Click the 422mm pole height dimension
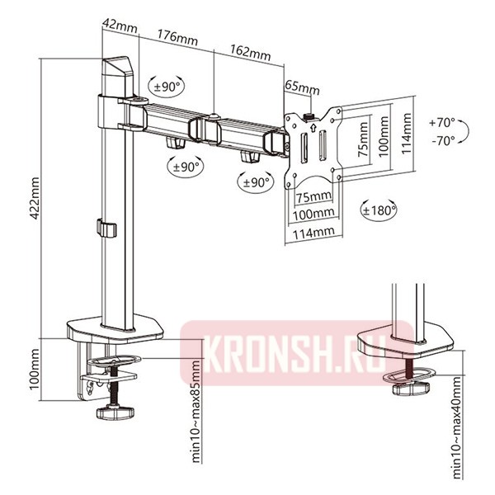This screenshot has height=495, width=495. (34, 198)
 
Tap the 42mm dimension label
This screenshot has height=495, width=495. (120, 26)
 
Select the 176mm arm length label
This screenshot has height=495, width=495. (177, 37)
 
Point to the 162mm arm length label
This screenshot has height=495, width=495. (250, 53)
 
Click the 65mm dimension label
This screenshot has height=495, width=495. (302, 87)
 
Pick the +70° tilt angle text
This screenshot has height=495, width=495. (442, 122)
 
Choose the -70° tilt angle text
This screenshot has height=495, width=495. (443, 141)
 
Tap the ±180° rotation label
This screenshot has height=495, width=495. (379, 210)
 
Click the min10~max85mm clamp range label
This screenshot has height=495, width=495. (196, 412)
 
